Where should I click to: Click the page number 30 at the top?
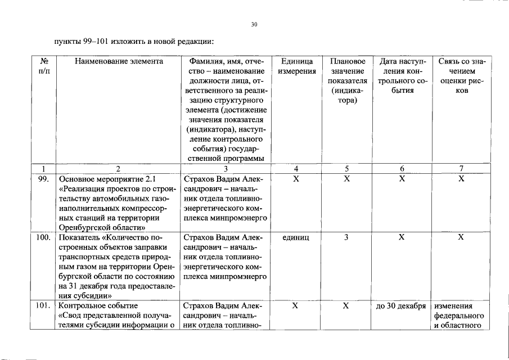pyautogui.click(x=254, y=24)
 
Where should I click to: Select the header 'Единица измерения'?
pyautogui.click(x=297, y=66)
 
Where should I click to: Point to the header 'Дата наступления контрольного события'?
pyautogui.click(x=402, y=75)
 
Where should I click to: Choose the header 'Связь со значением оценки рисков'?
pyautogui.click(x=461, y=75)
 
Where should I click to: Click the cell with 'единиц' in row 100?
pyautogui.click(x=297, y=237)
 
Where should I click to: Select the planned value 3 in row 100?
pyautogui.click(x=346, y=237)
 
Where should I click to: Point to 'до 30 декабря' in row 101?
pyautogui.click(x=402, y=305)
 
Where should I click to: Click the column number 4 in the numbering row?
pyautogui.click(x=297, y=168)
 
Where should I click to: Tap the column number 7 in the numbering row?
pyautogui.click(x=461, y=168)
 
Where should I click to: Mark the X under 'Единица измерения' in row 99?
pyautogui.click(x=297, y=178)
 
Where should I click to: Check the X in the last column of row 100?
pyautogui.click(x=461, y=237)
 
